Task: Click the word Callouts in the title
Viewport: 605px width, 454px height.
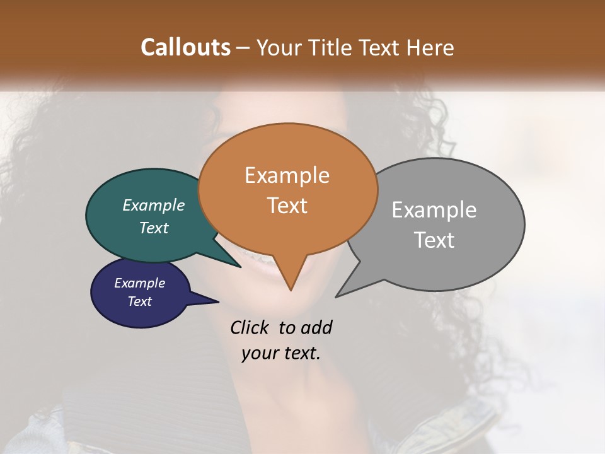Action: tap(185, 47)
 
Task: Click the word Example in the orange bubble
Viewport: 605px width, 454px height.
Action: tap(287, 175)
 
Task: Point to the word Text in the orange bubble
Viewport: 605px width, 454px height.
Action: tap(287, 206)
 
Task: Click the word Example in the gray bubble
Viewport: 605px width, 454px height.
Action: tap(434, 210)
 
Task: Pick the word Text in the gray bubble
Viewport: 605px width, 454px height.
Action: tap(434, 240)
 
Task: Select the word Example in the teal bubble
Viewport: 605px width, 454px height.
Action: tap(154, 206)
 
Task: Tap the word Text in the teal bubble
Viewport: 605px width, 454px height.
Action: tap(154, 228)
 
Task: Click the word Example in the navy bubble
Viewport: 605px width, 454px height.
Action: tap(140, 283)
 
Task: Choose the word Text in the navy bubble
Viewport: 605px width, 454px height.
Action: tap(140, 301)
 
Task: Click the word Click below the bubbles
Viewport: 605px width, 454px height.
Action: tap(251, 328)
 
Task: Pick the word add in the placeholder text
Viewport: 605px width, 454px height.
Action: tap(316, 328)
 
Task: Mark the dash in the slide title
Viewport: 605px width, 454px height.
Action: tap(244, 48)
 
